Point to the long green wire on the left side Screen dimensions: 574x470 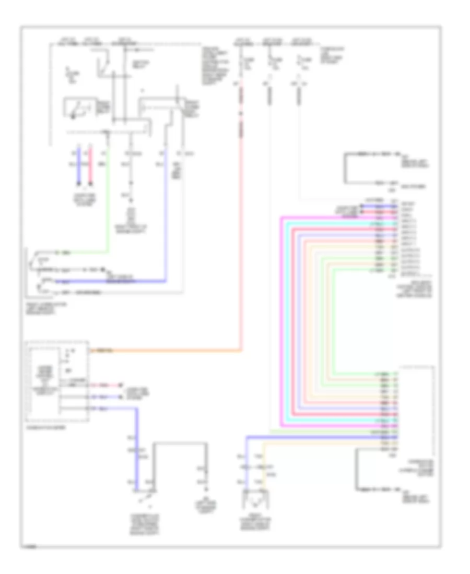point(108,209)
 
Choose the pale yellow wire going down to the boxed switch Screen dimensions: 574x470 point(265,464)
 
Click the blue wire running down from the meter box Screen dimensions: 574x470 point(137,449)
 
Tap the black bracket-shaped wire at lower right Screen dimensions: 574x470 point(357,470)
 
